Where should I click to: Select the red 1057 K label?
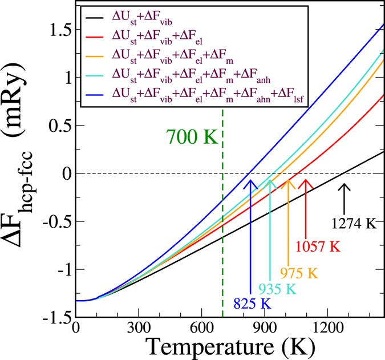pyautogui.click(x=318, y=246)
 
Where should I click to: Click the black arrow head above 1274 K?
pyautogui.click(x=343, y=186)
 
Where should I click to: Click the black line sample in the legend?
pyautogui.click(x=100, y=21)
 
